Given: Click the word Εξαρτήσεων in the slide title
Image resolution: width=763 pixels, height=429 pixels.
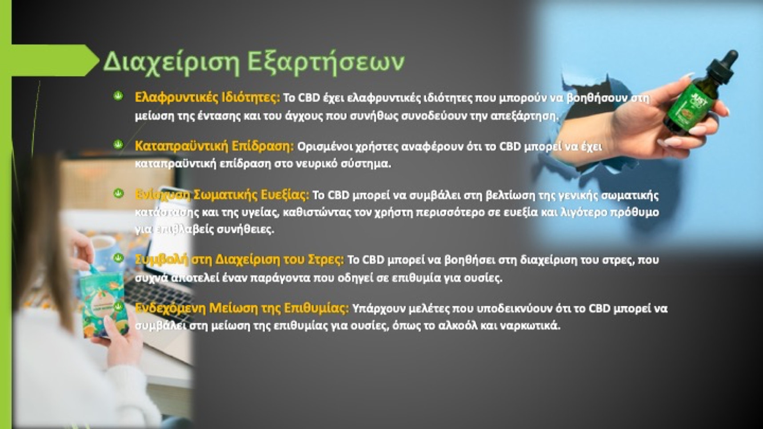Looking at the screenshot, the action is click(x=326, y=61).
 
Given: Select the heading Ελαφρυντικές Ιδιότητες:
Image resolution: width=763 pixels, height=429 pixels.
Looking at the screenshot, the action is click(x=208, y=97).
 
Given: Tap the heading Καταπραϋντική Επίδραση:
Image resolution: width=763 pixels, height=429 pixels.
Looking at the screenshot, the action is click(x=214, y=146).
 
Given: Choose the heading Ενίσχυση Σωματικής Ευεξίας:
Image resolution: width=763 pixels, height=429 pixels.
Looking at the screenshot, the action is click(x=222, y=195).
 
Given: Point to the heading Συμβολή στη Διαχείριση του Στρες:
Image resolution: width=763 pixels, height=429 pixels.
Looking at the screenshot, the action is click(x=239, y=259).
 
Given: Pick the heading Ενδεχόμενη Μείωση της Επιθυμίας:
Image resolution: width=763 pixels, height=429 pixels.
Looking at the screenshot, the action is click(x=242, y=308).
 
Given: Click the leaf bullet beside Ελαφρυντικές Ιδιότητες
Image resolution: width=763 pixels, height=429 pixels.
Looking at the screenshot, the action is click(x=118, y=96).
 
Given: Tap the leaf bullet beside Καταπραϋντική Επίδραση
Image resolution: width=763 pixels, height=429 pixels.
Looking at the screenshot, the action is click(x=118, y=145).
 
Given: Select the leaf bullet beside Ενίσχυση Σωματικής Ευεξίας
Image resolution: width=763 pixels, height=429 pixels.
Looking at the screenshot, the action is click(x=118, y=194).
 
